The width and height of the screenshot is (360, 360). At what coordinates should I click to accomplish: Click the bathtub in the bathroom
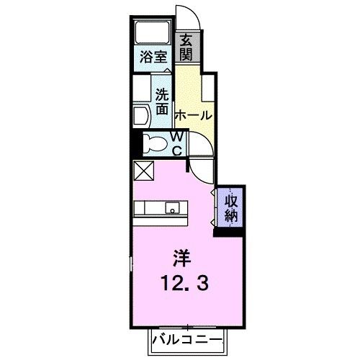(x=153, y=32)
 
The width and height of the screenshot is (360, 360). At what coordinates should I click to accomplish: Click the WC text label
(x=178, y=143)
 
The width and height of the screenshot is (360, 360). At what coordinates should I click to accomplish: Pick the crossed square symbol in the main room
(x=143, y=171)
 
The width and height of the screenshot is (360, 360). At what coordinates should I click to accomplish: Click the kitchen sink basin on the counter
(x=174, y=208)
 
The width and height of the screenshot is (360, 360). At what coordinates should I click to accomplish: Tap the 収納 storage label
(x=230, y=207)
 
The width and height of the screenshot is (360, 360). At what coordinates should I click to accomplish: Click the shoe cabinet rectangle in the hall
(x=208, y=90)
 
